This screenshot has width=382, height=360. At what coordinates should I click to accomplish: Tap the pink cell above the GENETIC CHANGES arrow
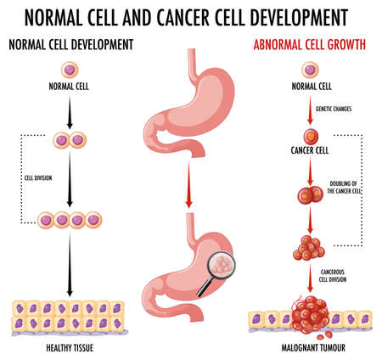(309, 69)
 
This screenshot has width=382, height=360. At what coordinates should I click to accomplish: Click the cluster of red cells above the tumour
(308, 248)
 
